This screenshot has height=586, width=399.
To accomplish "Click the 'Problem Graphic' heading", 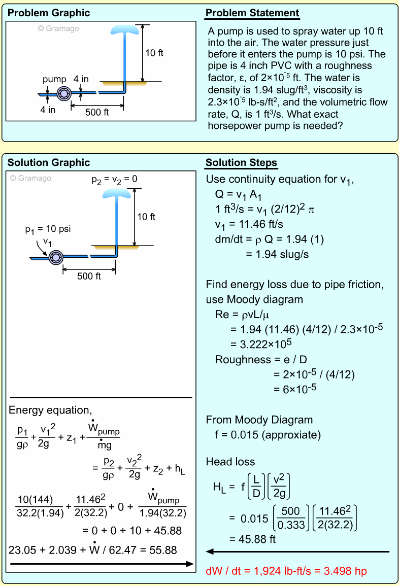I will (x=49, y=13).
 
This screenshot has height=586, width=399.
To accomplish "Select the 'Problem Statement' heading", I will (x=252, y=13).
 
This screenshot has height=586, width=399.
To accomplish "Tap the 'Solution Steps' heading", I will (x=241, y=163).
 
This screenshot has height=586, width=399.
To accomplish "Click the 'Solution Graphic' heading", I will (x=49, y=163).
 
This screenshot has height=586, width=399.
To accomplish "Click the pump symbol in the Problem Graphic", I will (x=64, y=93).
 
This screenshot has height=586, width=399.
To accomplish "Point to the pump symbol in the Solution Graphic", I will (x=55, y=257).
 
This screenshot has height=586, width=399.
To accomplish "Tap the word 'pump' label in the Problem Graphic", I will (x=54, y=79).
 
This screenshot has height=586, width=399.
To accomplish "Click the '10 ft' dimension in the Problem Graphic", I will (x=154, y=53).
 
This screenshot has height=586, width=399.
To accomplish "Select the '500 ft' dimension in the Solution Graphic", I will (x=89, y=276).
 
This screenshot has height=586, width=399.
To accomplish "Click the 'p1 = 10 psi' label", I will (x=48, y=229).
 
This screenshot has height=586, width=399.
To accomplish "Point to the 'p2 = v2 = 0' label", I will (x=114, y=179).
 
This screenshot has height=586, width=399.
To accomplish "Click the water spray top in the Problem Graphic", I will (x=124, y=28).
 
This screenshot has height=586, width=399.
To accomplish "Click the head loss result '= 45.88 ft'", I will (x=252, y=539).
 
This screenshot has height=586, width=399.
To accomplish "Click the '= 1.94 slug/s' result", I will (x=277, y=254).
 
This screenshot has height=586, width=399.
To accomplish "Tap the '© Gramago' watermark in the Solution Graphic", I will (x=30, y=178).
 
